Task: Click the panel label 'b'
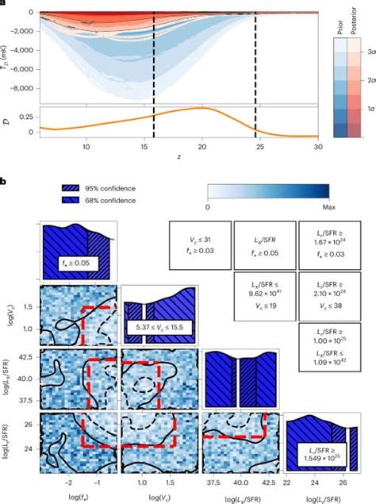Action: pos(4,183)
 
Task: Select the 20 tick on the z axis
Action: pos(203,146)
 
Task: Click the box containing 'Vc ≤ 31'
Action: pos(198,247)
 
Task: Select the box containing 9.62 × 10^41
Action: pos(263,295)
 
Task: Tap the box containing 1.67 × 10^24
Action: pos(327,247)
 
